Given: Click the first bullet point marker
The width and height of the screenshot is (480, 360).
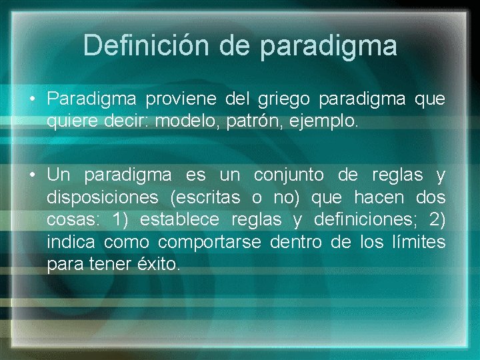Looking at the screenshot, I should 32,100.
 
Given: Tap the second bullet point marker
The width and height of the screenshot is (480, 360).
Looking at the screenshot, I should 32,176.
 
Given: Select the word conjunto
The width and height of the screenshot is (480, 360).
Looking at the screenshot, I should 289,175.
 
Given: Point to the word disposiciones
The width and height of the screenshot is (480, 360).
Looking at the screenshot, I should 103,198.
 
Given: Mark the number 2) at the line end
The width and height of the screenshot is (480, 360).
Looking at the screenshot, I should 435,220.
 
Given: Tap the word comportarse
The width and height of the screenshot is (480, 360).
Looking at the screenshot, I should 209,242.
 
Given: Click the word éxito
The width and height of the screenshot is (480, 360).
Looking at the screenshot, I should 159,265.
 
